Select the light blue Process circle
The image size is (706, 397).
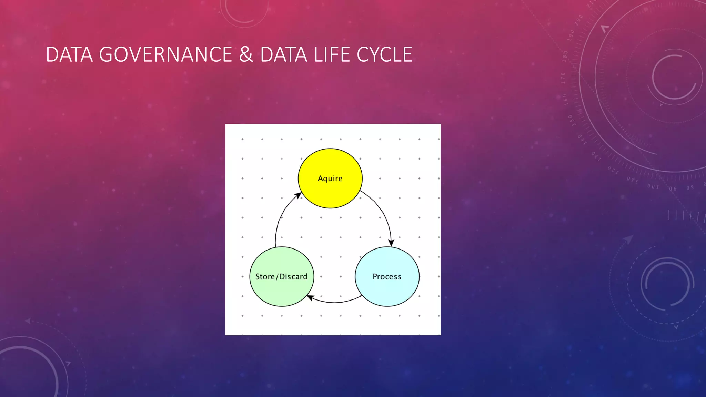[x=387, y=289]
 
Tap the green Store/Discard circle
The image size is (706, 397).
[x=282, y=291]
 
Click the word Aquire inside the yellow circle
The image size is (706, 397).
[x=330, y=179]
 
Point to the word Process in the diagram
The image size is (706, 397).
[x=387, y=277]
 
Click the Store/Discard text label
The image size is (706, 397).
[x=281, y=277]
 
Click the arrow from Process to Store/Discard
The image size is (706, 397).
[x=334, y=302]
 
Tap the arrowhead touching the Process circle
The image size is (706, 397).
[x=391, y=243]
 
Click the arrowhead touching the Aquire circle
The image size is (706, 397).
[x=297, y=196]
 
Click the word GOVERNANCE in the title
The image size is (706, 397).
[x=165, y=54]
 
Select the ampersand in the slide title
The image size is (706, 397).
[x=246, y=54]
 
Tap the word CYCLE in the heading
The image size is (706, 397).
[x=384, y=54]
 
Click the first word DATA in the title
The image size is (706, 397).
[x=69, y=54]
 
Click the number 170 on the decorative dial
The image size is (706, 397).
[x=563, y=78]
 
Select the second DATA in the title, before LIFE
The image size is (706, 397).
[x=283, y=54]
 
